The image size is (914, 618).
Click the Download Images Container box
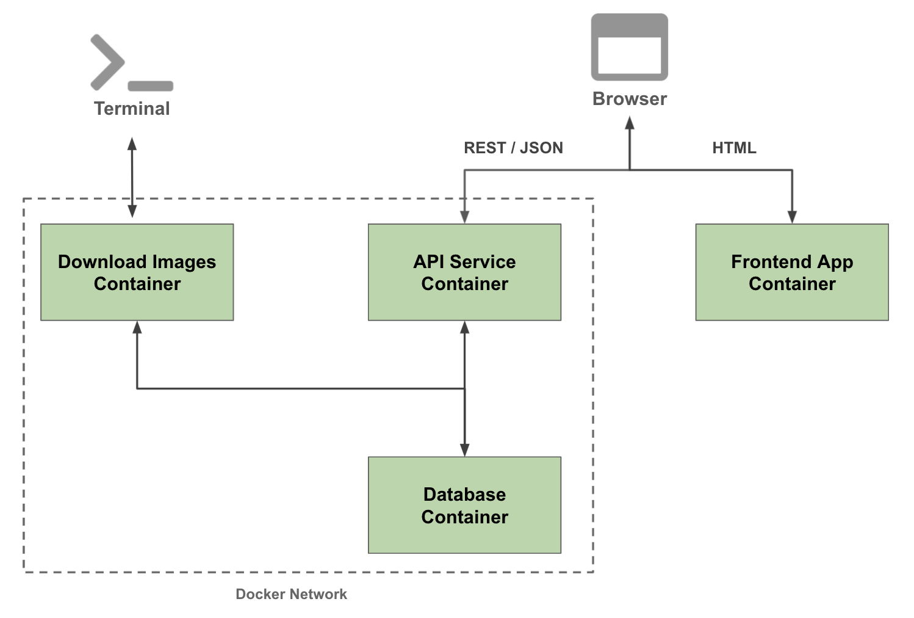tap(137, 272)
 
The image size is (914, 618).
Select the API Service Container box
tap(464, 272)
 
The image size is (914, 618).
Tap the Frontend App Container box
tap(792, 272)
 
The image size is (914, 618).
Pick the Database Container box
tap(464, 505)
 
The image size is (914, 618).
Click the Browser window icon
tap(629, 47)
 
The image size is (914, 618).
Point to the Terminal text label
tap(132, 109)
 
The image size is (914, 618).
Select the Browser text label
tap(630, 99)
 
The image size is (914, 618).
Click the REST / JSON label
tap(513, 148)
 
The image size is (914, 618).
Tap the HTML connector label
tap(734, 148)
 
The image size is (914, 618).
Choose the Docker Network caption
tap(291, 594)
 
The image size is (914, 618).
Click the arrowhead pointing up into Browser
tap(630, 123)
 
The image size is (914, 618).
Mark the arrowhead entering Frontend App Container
tap(792, 217)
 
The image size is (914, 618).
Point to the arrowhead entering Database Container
tap(464, 450)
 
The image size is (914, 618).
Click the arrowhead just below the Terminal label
tap(132, 144)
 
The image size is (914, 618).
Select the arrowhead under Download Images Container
tap(137, 327)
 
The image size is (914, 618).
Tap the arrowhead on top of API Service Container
tap(464, 217)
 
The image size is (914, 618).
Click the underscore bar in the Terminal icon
tap(151, 86)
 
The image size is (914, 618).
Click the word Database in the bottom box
tap(464, 494)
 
